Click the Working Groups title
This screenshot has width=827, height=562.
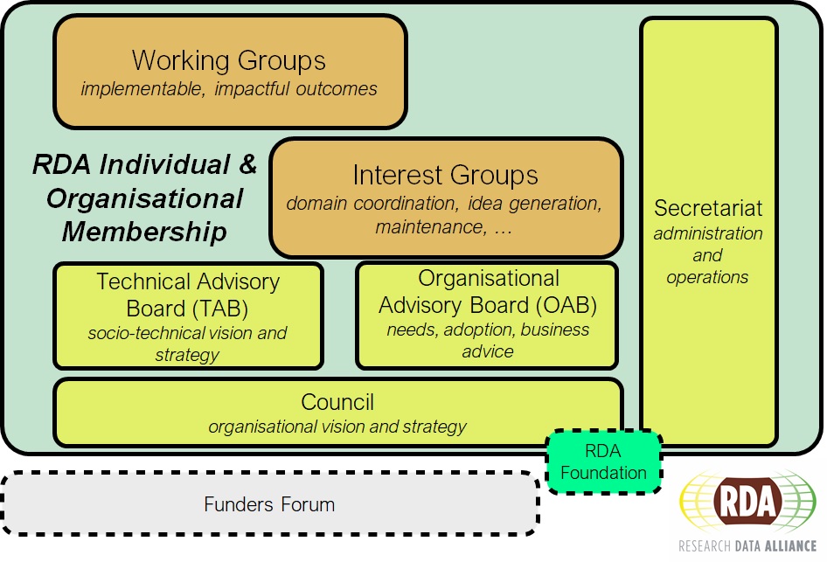click(x=229, y=60)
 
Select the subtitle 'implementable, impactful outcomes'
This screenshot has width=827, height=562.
click(x=229, y=89)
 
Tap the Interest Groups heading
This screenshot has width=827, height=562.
click(x=445, y=175)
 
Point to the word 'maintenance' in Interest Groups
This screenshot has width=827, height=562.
click(x=427, y=227)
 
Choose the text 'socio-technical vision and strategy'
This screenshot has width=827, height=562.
click(x=187, y=343)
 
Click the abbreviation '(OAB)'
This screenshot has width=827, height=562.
click(x=566, y=304)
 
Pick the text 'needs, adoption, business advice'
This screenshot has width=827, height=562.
click(x=488, y=340)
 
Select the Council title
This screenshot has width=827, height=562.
click(x=337, y=402)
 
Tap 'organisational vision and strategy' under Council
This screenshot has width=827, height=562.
click(x=337, y=427)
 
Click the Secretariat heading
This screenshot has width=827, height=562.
click(x=708, y=208)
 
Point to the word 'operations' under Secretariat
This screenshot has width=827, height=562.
click(x=707, y=277)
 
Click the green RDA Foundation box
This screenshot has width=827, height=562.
click(x=603, y=462)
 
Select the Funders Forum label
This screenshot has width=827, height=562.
click(x=269, y=504)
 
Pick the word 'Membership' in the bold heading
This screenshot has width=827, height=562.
click(x=144, y=232)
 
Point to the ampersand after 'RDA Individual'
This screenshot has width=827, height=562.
click(x=247, y=165)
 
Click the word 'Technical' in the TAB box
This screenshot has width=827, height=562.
click(x=142, y=282)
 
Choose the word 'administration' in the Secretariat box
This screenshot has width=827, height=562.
click(x=708, y=233)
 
